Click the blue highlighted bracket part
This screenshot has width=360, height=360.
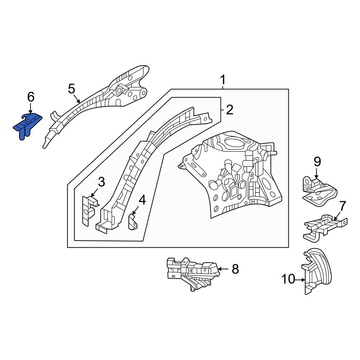click(x=27, y=124)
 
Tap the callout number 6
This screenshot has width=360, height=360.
click(x=31, y=96)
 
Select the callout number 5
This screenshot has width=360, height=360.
click(x=71, y=88)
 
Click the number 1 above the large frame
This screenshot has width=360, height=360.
click(x=223, y=79)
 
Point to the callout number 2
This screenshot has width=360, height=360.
click(x=229, y=110)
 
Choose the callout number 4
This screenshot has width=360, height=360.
click(x=142, y=200)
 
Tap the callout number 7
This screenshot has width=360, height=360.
click(x=342, y=206)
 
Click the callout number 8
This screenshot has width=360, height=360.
click(x=235, y=269)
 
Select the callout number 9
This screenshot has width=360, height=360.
click(x=317, y=162)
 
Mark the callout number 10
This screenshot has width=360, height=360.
click(x=288, y=279)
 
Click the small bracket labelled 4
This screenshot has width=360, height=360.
click(x=132, y=221)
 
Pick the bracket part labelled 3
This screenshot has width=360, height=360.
click(x=87, y=211)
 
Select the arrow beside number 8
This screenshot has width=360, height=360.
click(x=223, y=269)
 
